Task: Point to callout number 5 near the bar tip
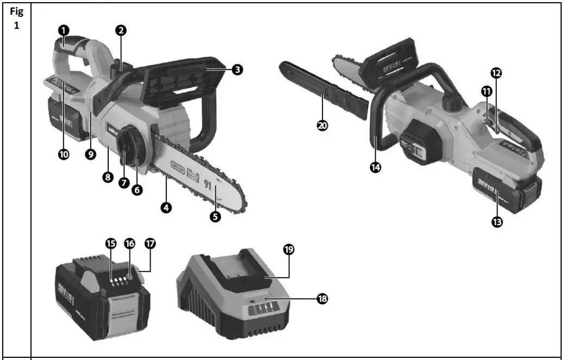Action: click(215, 216)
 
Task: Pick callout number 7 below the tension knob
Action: click(123, 183)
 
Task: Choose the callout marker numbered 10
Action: click(64, 154)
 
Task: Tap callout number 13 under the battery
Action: click(496, 222)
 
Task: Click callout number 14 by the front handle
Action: click(375, 167)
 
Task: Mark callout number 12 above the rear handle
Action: click(496, 72)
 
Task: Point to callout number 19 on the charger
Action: click(288, 250)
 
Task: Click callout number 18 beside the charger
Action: click(322, 298)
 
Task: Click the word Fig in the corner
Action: click(16, 13)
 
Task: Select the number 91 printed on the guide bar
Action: click(207, 184)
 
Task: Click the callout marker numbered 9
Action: click(90, 154)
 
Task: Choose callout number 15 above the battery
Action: click(111, 244)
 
